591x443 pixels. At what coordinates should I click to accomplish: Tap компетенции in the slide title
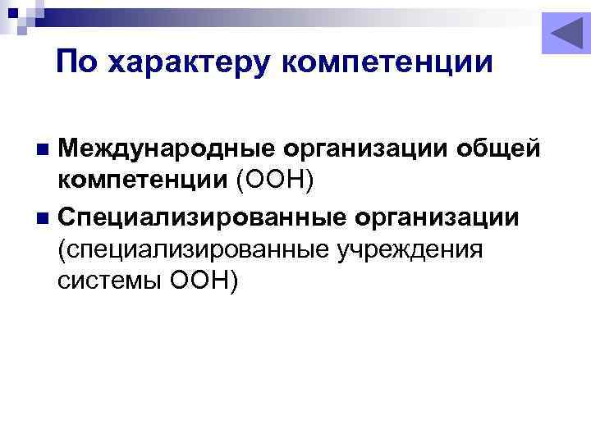coord(387,62)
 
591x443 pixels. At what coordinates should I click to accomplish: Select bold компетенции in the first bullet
coord(143,180)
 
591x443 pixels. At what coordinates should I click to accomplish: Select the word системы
coord(108,280)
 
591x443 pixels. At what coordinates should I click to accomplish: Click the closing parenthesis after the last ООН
coord(234,281)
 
